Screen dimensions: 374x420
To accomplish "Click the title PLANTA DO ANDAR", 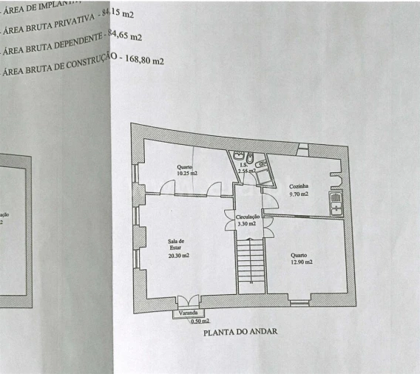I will tap(240, 332).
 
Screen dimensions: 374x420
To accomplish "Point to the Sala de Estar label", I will tap(177, 245).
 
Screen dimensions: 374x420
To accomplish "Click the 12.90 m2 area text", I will tap(301, 262).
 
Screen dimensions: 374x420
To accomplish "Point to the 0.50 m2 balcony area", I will tap(200, 322).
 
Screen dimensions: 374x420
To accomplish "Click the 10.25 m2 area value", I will tap(187, 174).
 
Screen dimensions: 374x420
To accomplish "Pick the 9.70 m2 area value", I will tap(299, 194).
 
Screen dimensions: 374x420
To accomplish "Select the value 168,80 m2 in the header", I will tap(142, 61).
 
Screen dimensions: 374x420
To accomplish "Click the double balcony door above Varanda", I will tap(188, 302).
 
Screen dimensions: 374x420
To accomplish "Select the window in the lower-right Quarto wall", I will tap(299, 302).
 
